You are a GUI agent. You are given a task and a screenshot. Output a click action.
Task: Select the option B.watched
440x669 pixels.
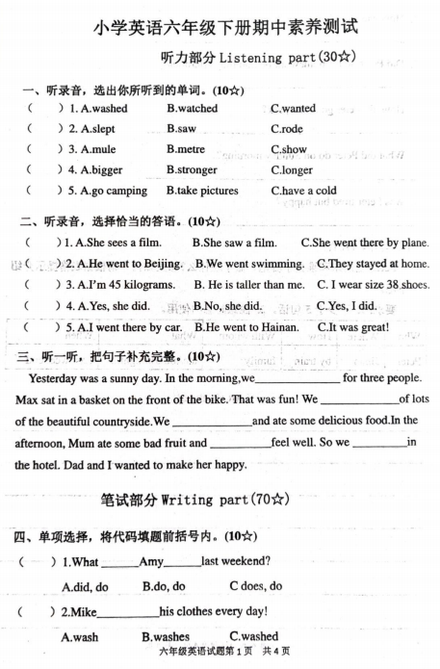click(193, 109)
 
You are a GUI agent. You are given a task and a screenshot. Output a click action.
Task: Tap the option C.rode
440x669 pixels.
click(287, 128)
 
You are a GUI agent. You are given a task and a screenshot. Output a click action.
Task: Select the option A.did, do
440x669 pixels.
click(85, 586)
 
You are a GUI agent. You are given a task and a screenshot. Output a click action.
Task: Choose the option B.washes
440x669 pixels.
click(166, 636)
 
